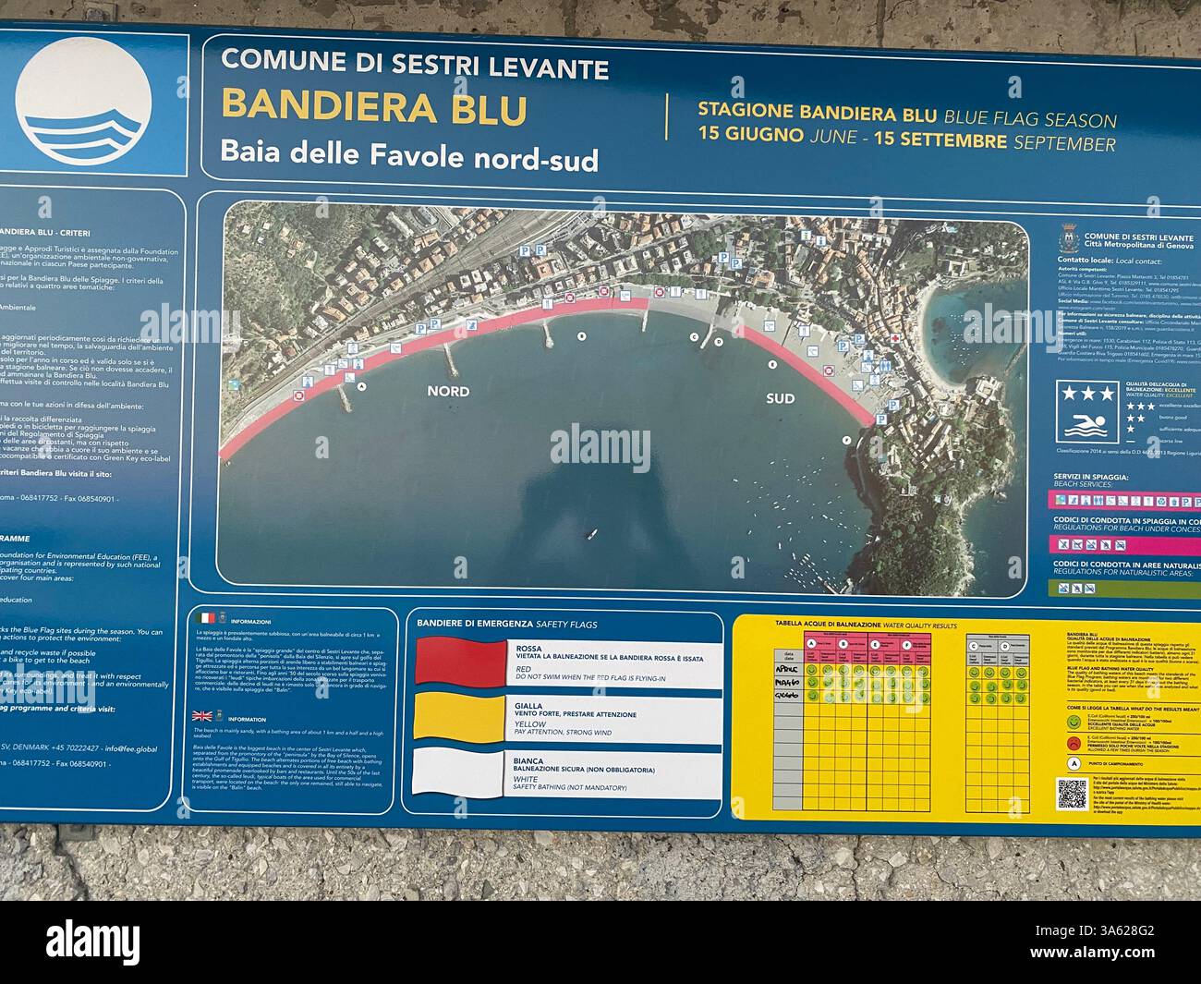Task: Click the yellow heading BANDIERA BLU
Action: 374,107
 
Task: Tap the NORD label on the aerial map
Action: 448,391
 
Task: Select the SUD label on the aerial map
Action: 780,398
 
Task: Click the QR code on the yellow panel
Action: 1073,794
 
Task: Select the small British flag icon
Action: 201,715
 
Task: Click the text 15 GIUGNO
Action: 750,142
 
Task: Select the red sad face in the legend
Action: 1074,743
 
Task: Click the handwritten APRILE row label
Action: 787,667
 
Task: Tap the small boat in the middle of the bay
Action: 593,534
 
